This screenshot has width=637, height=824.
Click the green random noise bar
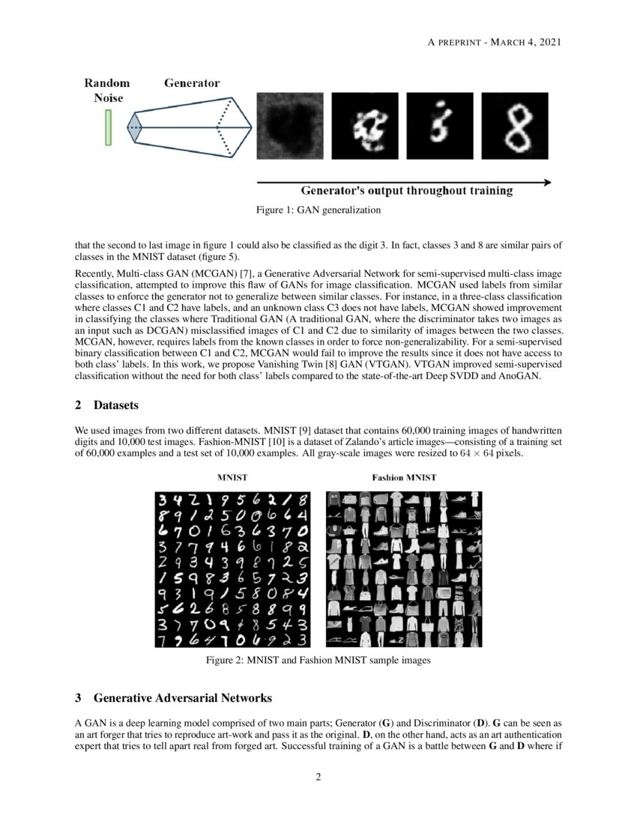[x=109, y=127]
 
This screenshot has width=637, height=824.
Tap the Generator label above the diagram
[x=192, y=83]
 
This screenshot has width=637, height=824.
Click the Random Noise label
[x=106, y=91]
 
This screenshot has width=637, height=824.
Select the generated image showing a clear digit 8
[x=514, y=126]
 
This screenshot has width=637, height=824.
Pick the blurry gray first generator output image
[x=290, y=126]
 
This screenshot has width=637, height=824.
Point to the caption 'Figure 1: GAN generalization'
[x=318, y=210]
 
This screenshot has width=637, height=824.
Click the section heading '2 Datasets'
[x=106, y=405]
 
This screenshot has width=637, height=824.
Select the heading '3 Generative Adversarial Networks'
[x=173, y=698]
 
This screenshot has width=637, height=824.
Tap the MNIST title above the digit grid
[x=233, y=477]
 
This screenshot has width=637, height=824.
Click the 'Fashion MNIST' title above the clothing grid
[x=404, y=477]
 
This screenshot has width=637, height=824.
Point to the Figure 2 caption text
[x=318, y=661]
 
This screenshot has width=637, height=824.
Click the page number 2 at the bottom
[x=318, y=776]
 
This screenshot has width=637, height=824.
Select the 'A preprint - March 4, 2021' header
[x=494, y=42]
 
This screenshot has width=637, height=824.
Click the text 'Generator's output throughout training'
[x=407, y=191]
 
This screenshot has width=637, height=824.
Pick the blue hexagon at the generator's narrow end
[x=134, y=127]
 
